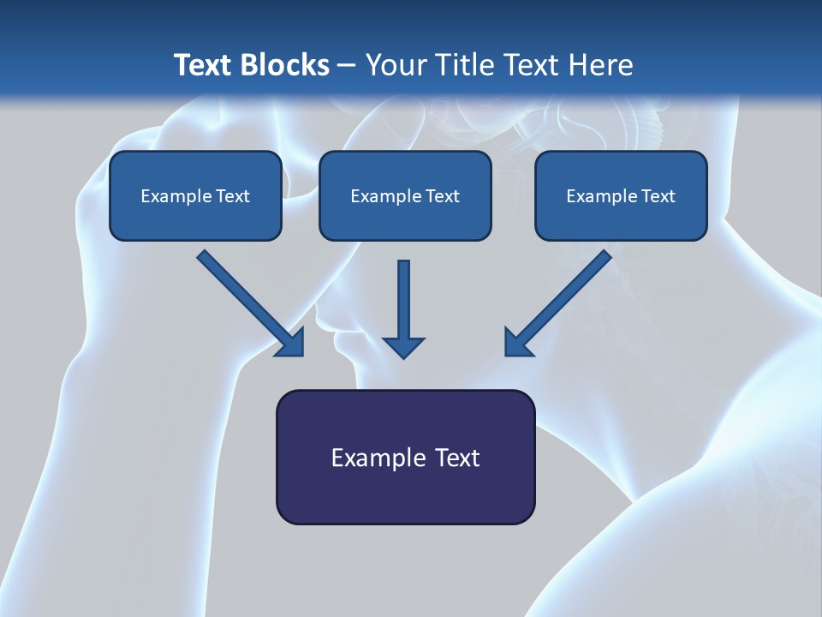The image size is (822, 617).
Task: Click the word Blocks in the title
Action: (x=285, y=64)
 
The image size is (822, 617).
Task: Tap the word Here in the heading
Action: (x=601, y=64)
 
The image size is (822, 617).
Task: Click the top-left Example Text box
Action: (x=195, y=195)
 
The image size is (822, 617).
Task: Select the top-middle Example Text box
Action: (x=405, y=195)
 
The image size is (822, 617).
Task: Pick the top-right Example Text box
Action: (x=622, y=195)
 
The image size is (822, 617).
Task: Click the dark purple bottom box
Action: (x=406, y=457)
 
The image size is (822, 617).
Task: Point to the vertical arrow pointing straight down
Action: (x=403, y=309)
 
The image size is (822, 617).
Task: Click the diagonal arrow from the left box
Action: (x=251, y=303)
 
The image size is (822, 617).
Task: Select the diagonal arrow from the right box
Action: (x=557, y=303)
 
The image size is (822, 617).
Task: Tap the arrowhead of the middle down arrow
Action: (x=403, y=347)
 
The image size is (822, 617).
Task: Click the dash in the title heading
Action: (x=348, y=66)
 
